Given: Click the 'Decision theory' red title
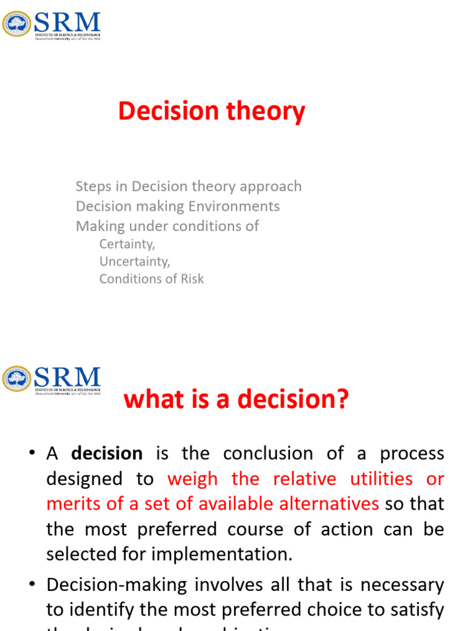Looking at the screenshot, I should point(211,112).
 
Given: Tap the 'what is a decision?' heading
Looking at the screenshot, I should point(236,400).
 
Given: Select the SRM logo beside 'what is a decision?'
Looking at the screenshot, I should point(52,379).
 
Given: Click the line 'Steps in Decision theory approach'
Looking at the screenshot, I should point(188,186).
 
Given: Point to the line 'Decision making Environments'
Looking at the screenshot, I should point(177,206).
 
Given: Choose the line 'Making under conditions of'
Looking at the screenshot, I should point(167,226).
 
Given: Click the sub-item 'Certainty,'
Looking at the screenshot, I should point(127,244).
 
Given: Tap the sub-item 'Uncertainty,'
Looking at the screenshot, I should point(135,261).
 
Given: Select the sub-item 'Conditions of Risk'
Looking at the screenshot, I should point(152,279).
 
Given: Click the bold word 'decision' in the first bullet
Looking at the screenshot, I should point(107,454).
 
